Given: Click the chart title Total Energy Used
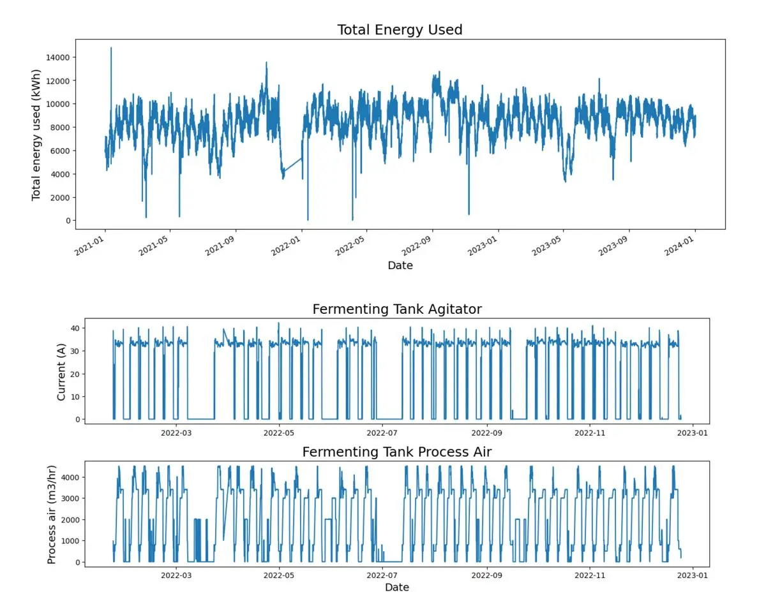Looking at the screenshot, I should click(x=400, y=30).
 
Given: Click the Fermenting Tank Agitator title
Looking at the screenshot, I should click(x=397, y=309).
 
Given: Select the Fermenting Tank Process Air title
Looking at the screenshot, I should click(x=396, y=452).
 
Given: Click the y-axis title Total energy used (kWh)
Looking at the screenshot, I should click(x=36, y=134).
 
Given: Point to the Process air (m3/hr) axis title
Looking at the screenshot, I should click(x=52, y=513).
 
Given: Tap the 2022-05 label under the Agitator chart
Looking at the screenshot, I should click(x=279, y=432).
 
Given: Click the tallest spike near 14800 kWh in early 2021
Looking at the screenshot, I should click(x=111, y=48).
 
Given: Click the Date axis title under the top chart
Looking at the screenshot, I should click(x=400, y=265).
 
